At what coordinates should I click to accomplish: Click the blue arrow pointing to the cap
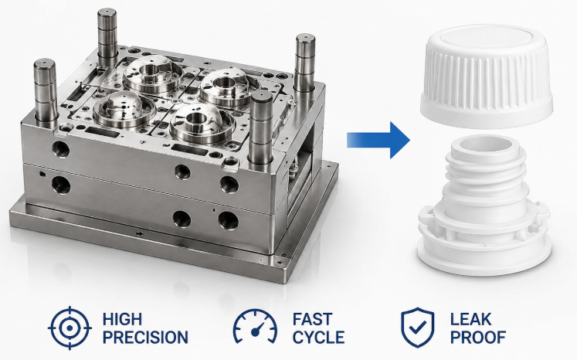click(x=378, y=140)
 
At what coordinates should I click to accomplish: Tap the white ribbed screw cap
click(x=487, y=76)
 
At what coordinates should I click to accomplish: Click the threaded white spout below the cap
click(x=484, y=205)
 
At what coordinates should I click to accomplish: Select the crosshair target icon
click(x=70, y=328)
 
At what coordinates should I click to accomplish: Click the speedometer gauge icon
click(x=255, y=326)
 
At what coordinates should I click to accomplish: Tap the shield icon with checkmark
click(x=418, y=328)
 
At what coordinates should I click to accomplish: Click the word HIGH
click(x=122, y=319)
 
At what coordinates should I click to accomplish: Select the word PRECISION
click(x=145, y=338)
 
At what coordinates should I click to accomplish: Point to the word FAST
click(x=312, y=319)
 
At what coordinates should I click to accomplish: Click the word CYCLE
click(x=319, y=338)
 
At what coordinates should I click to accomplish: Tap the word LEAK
click(x=470, y=319)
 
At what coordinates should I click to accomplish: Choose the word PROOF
click(x=478, y=338)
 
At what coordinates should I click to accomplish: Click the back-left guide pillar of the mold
click(x=107, y=37)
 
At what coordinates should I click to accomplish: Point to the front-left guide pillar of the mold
click(x=46, y=92)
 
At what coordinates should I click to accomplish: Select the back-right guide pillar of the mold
click(x=305, y=63)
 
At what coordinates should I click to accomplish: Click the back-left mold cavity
click(x=153, y=73)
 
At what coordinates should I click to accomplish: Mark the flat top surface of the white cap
click(x=487, y=38)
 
